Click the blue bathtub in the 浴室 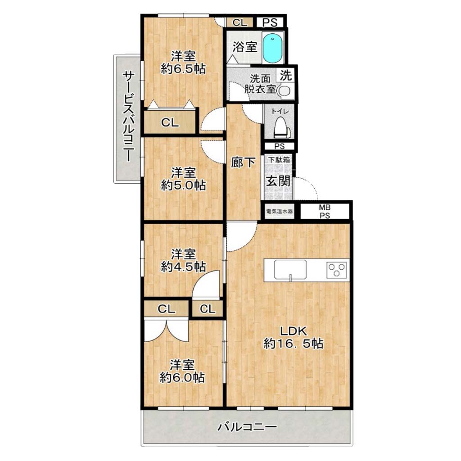(272, 48)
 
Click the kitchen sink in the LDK (290, 270)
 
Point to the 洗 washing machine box (285, 75)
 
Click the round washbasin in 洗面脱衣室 (284, 91)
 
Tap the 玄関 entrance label (278, 181)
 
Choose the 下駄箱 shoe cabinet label (278, 160)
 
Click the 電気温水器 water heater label (279, 211)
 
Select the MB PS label (325, 212)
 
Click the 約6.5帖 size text (183, 69)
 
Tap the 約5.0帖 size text (183, 185)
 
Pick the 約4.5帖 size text (183, 267)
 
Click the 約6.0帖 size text (182, 377)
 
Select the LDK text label (293, 331)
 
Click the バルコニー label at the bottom (247, 427)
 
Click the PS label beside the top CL (270, 23)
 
